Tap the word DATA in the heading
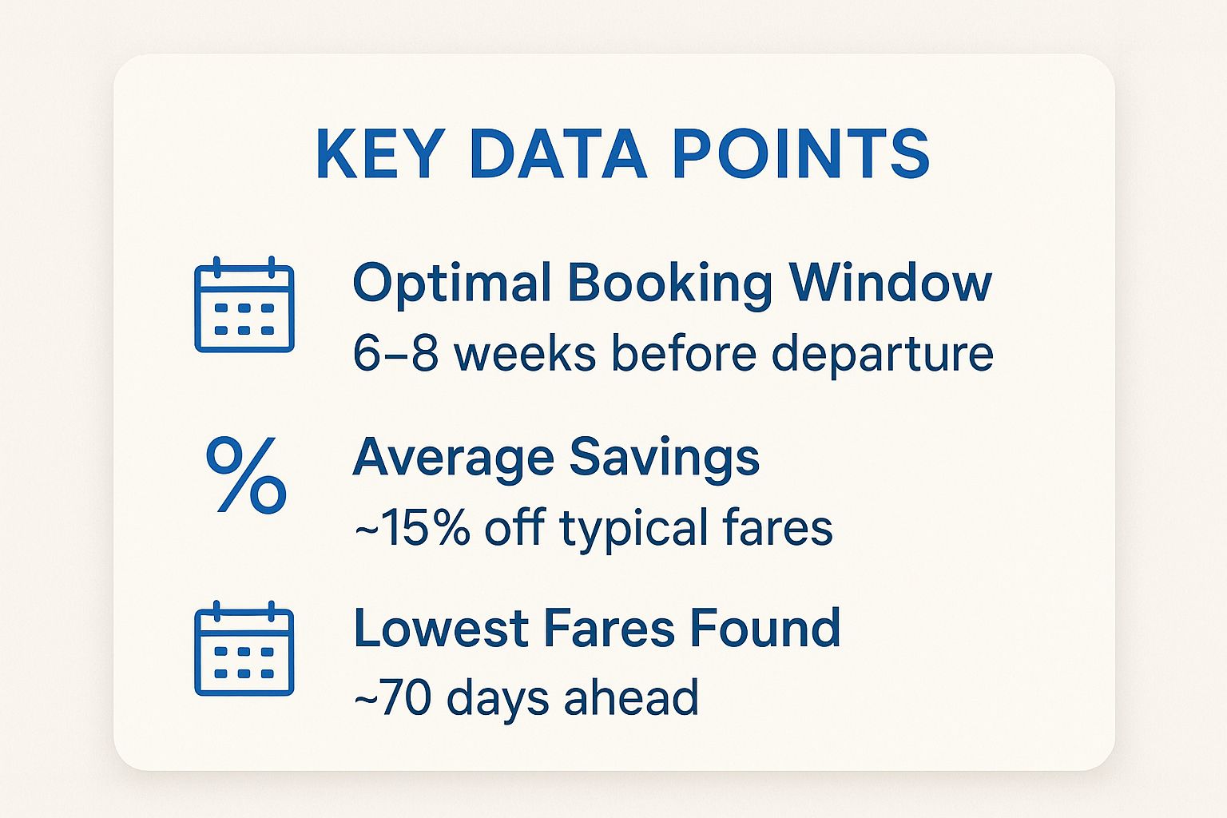click(x=558, y=153)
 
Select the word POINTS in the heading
click(x=801, y=153)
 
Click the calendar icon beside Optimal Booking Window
click(x=244, y=304)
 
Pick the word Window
click(x=891, y=282)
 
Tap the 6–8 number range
click(x=396, y=353)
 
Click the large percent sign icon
click(x=246, y=475)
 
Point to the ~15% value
click(x=412, y=527)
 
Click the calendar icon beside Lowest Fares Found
click(x=244, y=648)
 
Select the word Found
click(x=764, y=628)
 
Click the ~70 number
click(x=391, y=697)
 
